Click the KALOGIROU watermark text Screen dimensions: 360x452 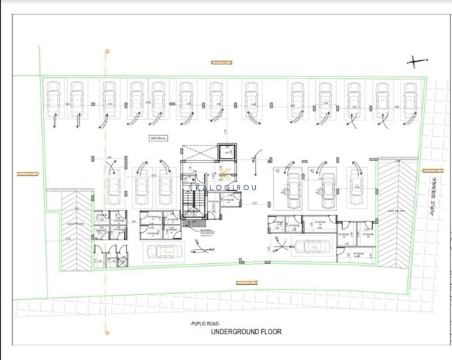pyautogui.click(x=226, y=187)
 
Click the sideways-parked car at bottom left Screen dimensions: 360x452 pyautogui.click(x=161, y=251)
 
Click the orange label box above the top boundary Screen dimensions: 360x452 pyautogui.click(x=221, y=62)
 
